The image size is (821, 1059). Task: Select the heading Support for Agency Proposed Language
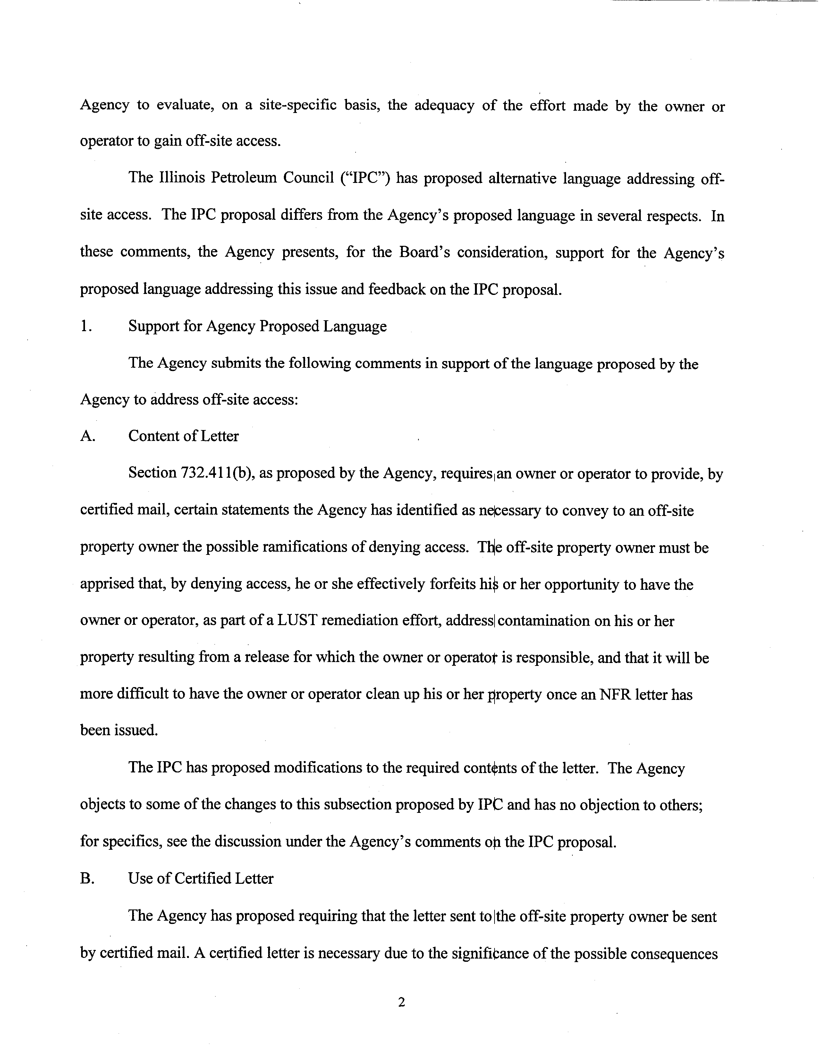[257, 326]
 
